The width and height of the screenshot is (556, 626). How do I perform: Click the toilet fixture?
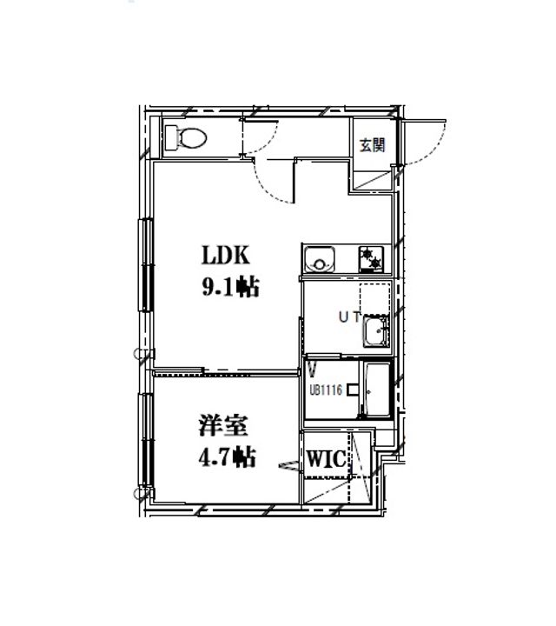click(188, 136)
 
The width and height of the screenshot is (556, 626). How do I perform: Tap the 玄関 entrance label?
click(372, 145)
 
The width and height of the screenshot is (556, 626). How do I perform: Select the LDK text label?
click(226, 256)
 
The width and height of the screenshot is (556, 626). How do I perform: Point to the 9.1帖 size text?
click(229, 288)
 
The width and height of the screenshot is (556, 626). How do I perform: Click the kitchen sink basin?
click(320, 259)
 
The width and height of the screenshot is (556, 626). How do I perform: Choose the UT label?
click(349, 318)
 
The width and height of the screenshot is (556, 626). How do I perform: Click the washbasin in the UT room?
click(376, 330)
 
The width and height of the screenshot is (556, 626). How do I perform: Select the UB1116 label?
click(325, 390)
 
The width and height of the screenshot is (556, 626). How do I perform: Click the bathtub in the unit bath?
click(376, 392)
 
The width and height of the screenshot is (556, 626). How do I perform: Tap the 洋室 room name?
click(223, 427)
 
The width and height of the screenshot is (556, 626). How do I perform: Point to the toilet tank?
click(171, 136)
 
